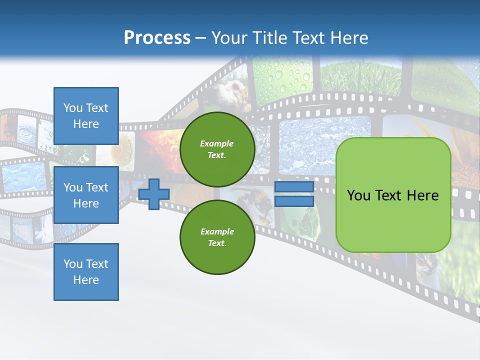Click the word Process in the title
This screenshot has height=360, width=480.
pyautogui.click(x=157, y=37)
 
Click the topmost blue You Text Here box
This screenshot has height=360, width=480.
pyautogui.click(x=86, y=116)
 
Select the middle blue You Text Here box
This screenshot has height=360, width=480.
pyautogui.click(x=86, y=195)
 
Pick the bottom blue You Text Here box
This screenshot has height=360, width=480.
pyautogui.click(x=86, y=272)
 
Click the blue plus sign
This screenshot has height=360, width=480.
pyautogui.click(x=153, y=194)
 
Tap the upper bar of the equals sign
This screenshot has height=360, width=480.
pyautogui.click(x=294, y=187)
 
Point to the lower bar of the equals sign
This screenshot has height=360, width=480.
pyautogui.click(x=294, y=201)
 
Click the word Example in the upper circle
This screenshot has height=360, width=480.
pyautogui.click(x=217, y=143)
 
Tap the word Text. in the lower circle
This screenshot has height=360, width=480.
pyautogui.click(x=217, y=243)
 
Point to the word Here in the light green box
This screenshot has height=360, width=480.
pyautogui.click(x=422, y=195)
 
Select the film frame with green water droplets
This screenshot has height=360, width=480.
pyautogui.click(x=282, y=75)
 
